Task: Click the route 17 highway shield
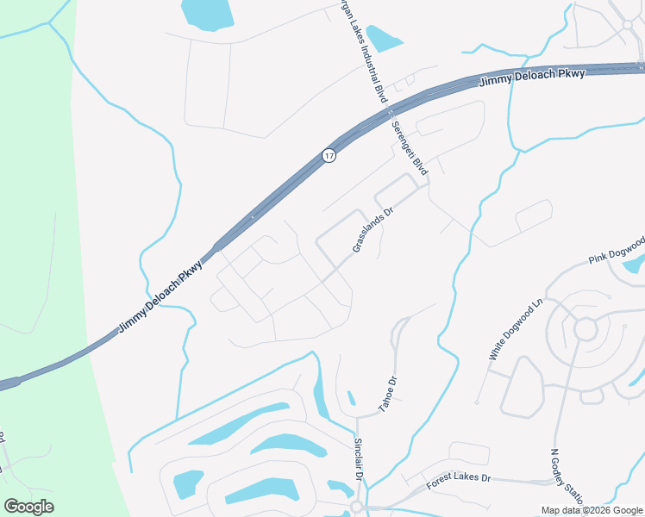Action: pos(329,155)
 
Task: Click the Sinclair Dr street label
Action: pos(359,459)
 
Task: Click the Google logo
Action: pos(28,507)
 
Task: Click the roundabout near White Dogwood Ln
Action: pos(586,329)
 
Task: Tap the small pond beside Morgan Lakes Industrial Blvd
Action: pos(384,38)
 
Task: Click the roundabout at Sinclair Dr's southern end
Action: pos(356,508)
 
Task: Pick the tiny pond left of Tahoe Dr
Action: pos(351,398)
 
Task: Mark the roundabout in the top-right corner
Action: pos(628,26)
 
